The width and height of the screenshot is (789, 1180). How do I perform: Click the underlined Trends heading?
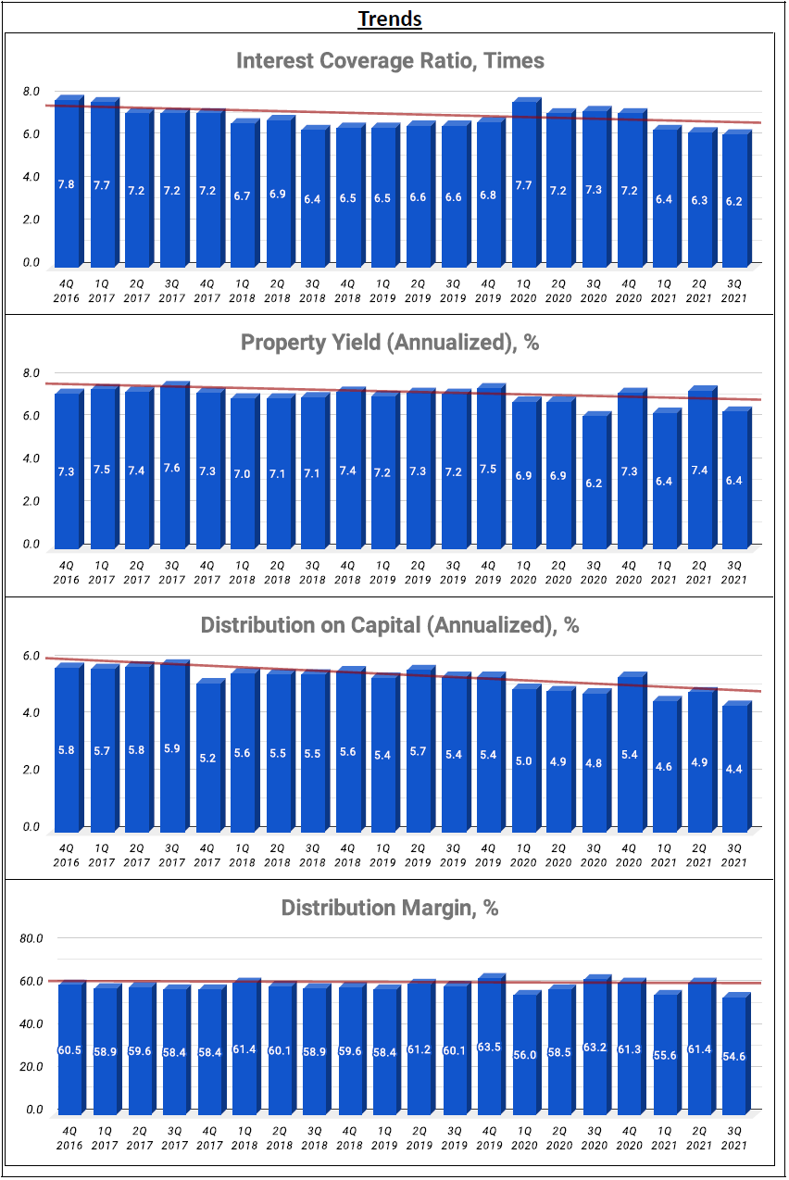(x=390, y=19)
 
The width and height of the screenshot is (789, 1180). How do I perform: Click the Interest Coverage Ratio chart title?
(x=390, y=61)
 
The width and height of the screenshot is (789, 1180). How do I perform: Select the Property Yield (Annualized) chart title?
(x=390, y=343)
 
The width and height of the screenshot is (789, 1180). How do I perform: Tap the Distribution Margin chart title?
(x=390, y=908)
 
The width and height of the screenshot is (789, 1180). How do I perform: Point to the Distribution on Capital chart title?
(x=390, y=625)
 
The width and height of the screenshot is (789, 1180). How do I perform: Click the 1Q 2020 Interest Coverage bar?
(x=523, y=184)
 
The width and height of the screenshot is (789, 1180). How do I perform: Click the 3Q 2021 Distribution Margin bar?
(x=734, y=1055)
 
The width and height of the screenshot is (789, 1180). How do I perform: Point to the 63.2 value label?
(x=594, y=1051)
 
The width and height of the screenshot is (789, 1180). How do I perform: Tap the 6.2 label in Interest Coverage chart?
(x=734, y=200)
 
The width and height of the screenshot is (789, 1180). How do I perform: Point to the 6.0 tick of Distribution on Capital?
(x=31, y=656)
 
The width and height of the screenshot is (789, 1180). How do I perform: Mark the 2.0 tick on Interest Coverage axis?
(x=31, y=220)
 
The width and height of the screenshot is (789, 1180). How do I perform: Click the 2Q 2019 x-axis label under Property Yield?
(x=418, y=572)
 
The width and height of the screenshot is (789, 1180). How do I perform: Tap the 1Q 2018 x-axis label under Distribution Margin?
(x=242, y=1137)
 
